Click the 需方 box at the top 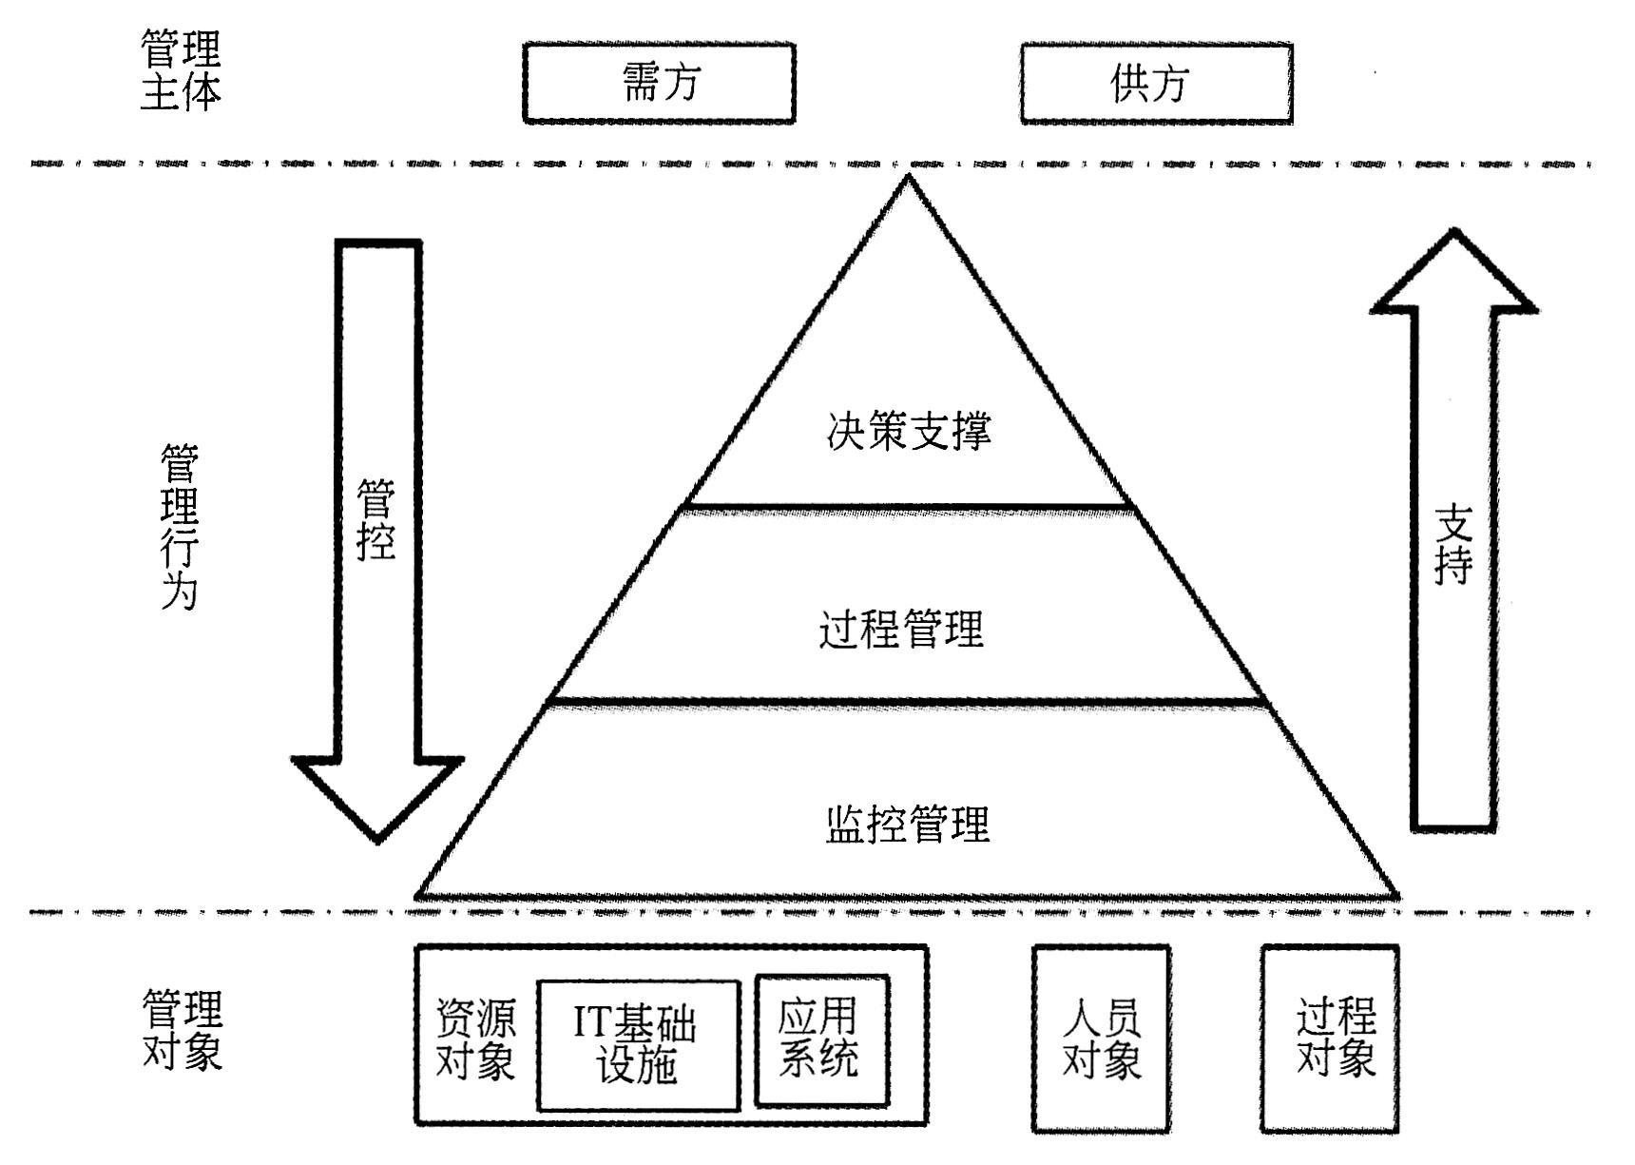click(659, 83)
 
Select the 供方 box click(1156, 83)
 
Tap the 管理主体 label click(181, 69)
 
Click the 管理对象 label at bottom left click(182, 1029)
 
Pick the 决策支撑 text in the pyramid click(909, 431)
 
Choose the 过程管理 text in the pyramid click(901, 629)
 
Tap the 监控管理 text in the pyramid click(908, 824)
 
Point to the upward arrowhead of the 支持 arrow click(1453, 276)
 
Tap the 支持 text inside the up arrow click(1453, 544)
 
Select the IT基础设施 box click(638, 1045)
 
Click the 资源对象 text click(475, 1039)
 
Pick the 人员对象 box click(1101, 1039)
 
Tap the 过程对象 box click(1330, 1039)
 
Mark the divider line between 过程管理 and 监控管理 click(909, 703)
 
